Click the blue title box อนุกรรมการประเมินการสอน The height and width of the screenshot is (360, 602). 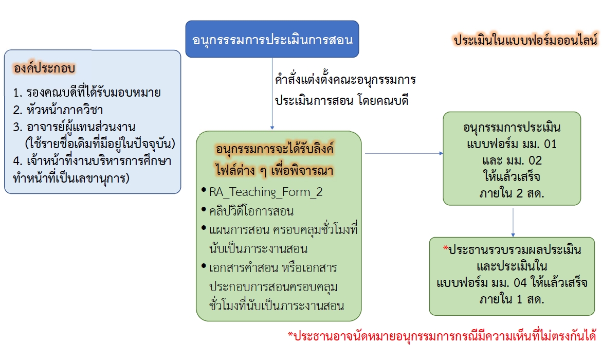click(x=272, y=39)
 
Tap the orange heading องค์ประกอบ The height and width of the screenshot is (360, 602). click(x=44, y=68)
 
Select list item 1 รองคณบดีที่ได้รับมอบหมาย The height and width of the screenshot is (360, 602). click(x=87, y=92)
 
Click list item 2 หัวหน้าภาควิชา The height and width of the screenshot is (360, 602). click(x=58, y=110)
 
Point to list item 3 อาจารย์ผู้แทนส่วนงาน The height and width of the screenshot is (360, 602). click(x=74, y=127)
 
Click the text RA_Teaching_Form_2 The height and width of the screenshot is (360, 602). click(x=266, y=192)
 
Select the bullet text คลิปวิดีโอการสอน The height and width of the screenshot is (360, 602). click(x=251, y=211)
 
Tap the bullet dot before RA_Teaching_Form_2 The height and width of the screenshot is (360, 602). click(x=204, y=190)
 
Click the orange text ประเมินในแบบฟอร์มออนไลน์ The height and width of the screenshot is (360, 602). click(x=526, y=40)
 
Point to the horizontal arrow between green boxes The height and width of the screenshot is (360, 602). click(x=404, y=153)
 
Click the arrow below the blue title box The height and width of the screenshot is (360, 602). click(x=272, y=94)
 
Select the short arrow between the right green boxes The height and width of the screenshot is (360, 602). click(x=513, y=223)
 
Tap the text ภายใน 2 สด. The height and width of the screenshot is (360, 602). click(x=512, y=193)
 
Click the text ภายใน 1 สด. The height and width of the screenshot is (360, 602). click(x=512, y=299)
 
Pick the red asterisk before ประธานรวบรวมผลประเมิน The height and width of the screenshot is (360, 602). click(x=445, y=248)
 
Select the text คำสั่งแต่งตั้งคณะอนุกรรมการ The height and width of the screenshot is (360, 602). click(x=345, y=80)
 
